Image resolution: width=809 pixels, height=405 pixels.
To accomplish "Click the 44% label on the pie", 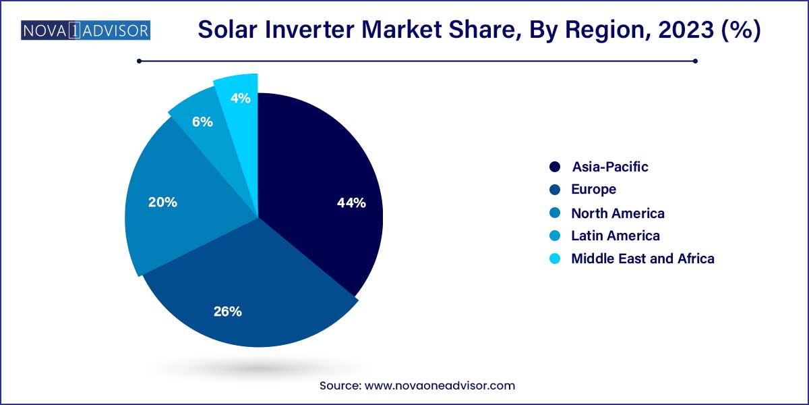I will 351,202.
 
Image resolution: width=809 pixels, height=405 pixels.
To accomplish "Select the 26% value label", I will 228,311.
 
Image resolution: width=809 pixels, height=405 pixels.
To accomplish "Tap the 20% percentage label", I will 163,202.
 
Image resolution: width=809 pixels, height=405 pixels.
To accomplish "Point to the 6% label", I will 202,122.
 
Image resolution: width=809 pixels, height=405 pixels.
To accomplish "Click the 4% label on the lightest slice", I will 241,99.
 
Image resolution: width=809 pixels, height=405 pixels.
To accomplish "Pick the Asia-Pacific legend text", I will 609,167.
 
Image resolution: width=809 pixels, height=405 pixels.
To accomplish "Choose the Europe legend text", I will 593,190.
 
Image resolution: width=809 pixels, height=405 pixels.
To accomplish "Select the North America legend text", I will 618,213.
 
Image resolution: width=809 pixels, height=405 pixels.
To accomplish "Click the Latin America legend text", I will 615,236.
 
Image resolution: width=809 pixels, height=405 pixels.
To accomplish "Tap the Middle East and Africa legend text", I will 642,259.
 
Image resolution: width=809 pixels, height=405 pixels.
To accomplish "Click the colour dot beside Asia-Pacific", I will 555,167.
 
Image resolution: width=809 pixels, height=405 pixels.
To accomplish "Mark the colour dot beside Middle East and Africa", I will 555,259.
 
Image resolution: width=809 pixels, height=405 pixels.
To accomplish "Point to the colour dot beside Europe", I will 555,190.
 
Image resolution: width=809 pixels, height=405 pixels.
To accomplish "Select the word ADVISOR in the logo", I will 115,30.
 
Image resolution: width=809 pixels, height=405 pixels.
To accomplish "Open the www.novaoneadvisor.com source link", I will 440,386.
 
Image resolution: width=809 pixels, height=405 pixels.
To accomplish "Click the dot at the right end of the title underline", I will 695,61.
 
